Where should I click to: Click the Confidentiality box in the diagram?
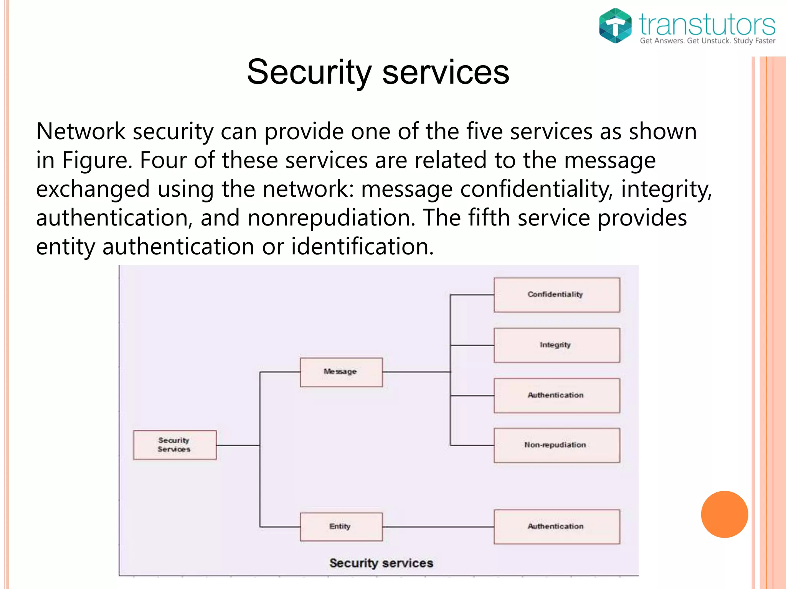[556, 294]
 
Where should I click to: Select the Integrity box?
[556, 345]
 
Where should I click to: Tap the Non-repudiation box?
[556, 445]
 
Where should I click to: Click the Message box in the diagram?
[341, 372]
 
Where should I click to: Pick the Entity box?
[341, 526]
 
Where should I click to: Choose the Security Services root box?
[175, 445]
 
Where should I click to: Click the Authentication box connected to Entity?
[556, 526]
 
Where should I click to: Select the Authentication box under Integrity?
[556, 395]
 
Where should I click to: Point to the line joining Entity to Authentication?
[438, 526]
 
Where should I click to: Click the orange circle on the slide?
[724, 514]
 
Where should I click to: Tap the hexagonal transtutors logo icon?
[615, 26]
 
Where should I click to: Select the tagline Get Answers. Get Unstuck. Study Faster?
[707, 41]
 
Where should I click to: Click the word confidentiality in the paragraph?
[535, 189]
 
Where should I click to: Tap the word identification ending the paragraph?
[362, 247]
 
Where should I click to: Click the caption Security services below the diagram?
[381, 563]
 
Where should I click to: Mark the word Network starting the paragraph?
[81, 132]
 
